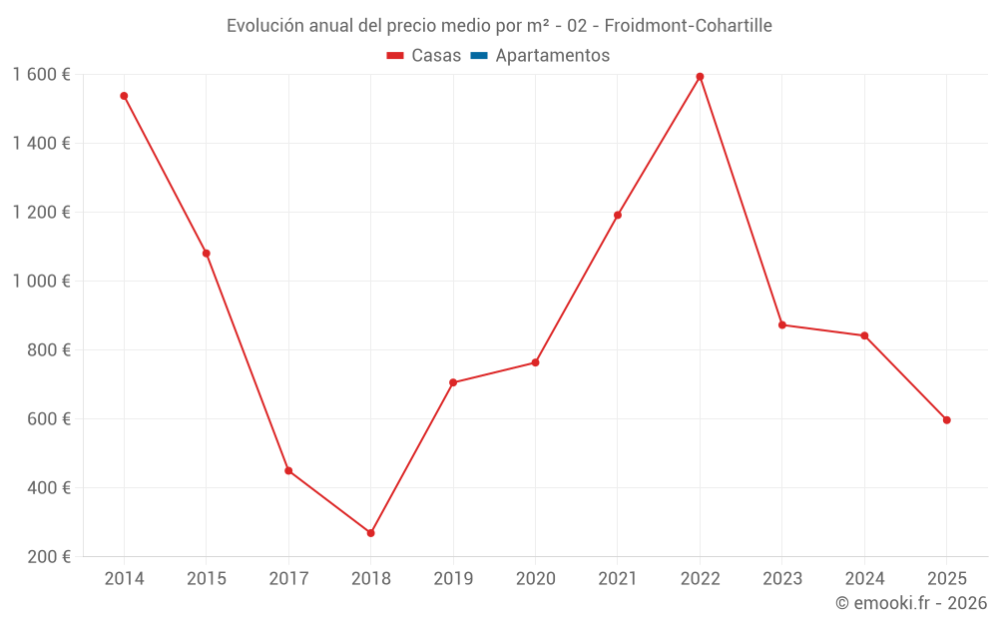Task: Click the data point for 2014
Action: click(x=124, y=96)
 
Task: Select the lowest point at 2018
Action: click(x=370, y=533)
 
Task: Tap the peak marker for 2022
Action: click(x=700, y=77)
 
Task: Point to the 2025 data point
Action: click(x=946, y=420)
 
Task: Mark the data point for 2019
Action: click(x=453, y=382)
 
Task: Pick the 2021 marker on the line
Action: click(x=618, y=215)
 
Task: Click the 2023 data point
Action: click(x=782, y=324)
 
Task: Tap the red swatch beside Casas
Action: click(x=395, y=56)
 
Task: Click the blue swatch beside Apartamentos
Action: click(x=479, y=56)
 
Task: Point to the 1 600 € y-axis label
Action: click(x=41, y=75)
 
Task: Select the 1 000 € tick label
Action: click(x=41, y=282)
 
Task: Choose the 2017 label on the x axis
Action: click(x=288, y=579)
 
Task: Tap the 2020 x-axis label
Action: click(x=535, y=579)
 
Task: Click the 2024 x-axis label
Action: click(x=864, y=579)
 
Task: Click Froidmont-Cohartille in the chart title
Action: click(x=689, y=26)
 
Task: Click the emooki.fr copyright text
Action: click(x=911, y=603)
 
